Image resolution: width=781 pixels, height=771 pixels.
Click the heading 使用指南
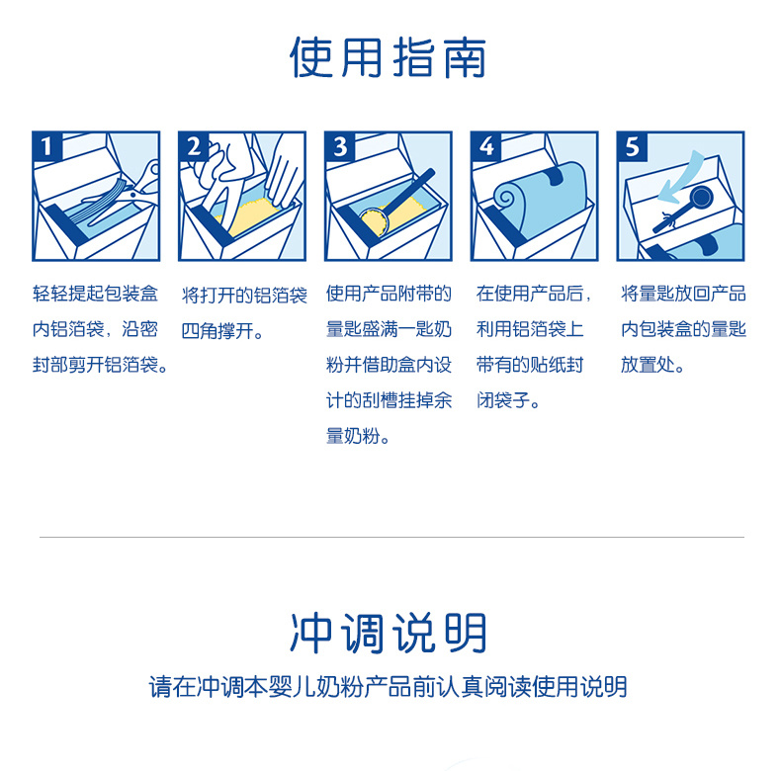[x=388, y=57]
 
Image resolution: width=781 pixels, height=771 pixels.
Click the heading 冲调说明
[x=388, y=633]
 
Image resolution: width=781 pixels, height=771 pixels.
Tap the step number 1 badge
[x=46, y=147]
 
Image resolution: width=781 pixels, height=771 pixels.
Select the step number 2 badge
[x=193, y=147]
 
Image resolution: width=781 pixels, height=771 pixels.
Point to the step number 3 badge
[x=340, y=147]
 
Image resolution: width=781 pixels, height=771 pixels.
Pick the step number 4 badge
[x=486, y=147]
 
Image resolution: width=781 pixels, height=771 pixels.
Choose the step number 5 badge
[x=632, y=147]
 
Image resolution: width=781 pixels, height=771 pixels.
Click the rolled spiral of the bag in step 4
[x=506, y=198]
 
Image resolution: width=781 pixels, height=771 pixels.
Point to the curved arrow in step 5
[x=682, y=178]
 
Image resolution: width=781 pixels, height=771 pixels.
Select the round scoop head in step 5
[x=700, y=198]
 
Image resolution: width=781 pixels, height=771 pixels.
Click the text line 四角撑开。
[x=222, y=331]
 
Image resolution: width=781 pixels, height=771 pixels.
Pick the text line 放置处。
[x=653, y=365]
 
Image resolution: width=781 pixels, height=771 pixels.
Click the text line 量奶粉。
[x=358, y=436]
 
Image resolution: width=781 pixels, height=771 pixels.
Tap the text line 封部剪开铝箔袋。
[x=100, y=365]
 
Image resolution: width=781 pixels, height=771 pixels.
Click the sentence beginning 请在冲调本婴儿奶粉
[x=388, y=687]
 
